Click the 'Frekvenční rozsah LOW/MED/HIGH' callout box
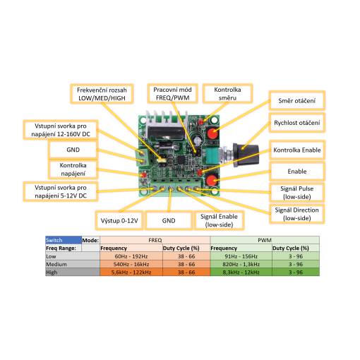tap(102, 94)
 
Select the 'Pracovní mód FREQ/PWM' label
tap(172, 93)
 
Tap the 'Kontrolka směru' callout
tap(227, 93)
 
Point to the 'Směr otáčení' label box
tap(297, 101)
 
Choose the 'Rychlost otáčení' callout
tap(297, 123)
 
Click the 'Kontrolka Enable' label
tap(297, 150)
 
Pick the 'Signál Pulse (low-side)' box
tap(297, 193)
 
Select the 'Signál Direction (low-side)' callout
tap(297, 214)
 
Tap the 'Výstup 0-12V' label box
tap(119, 221)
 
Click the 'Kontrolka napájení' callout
tap(73, 169)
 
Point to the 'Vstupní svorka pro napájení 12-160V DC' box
tap(61, 130)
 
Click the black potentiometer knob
tap(246, 155)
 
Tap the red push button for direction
tap(212, 133)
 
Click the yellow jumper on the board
tap(162, 160)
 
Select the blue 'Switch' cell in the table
tap(64, 240)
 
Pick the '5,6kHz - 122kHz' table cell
tap(131, 272)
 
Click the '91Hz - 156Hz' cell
tap(241, 256)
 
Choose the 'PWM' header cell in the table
tap(265, 240)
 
